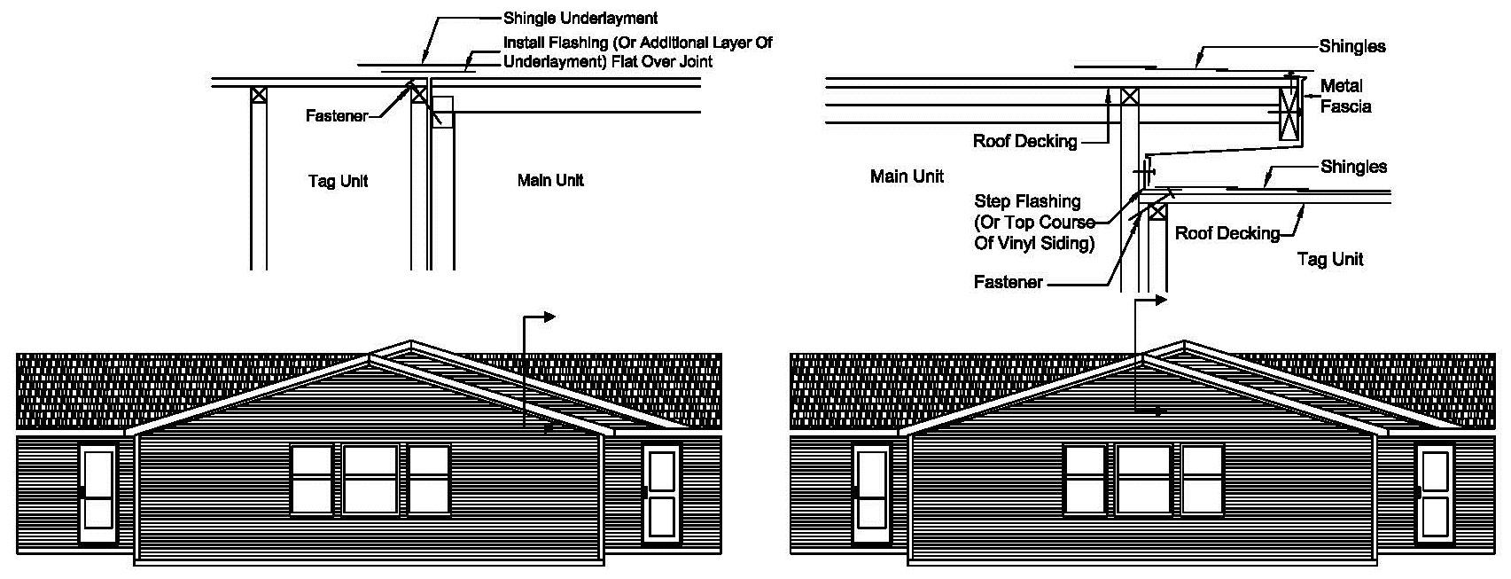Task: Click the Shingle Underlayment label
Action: click(x=580, y=18)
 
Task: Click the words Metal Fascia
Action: click(x=1345, y=96)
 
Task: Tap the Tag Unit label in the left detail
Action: click(x=337, y=181)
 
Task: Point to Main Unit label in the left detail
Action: click(x=550, y=180)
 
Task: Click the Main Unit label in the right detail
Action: click(x=907, y=176)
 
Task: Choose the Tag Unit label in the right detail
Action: click(x=1329, y=259)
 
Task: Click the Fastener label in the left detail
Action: click(x=336, y=116)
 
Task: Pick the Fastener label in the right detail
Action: click(x=1008, y=282)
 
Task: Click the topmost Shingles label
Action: click(x=1352, y=46)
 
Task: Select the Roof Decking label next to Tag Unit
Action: click(x=1227, y=233)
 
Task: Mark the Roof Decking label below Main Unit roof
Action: click(x=1024, y=141)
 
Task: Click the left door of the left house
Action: click(x=97, y=494)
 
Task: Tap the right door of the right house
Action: click(x=1436, y=494)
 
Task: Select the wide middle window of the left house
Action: click(x=370, y=480)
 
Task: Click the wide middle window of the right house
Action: click(x=1143, y=480)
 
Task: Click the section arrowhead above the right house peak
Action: click(x=1161, y=300)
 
